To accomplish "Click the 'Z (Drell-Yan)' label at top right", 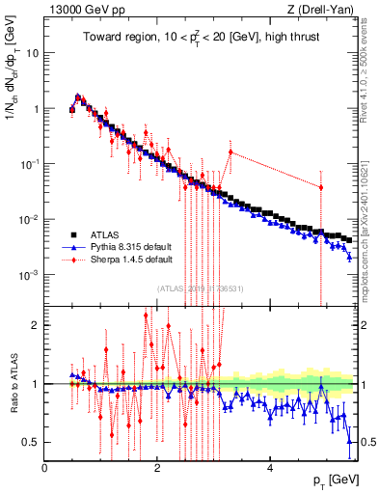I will pyautogui.click(x=323, y=10).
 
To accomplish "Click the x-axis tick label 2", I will pyautogui.click(x=157, y=469).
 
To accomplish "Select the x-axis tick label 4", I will pyautogui.click(x=270, y=469).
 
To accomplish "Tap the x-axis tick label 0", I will pyautogui.click(x=44, y=469).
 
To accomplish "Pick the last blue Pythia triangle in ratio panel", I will pyautogui.click(x=349, y=441).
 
